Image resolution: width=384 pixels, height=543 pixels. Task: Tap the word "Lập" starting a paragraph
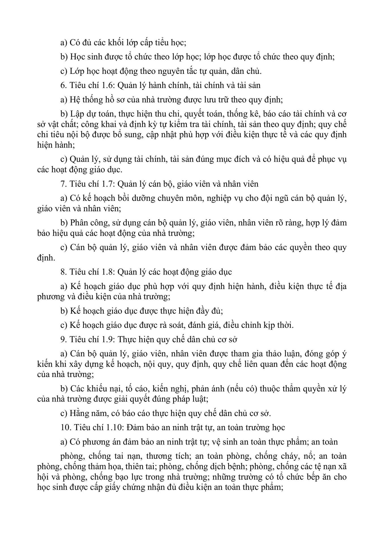[76, 114]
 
